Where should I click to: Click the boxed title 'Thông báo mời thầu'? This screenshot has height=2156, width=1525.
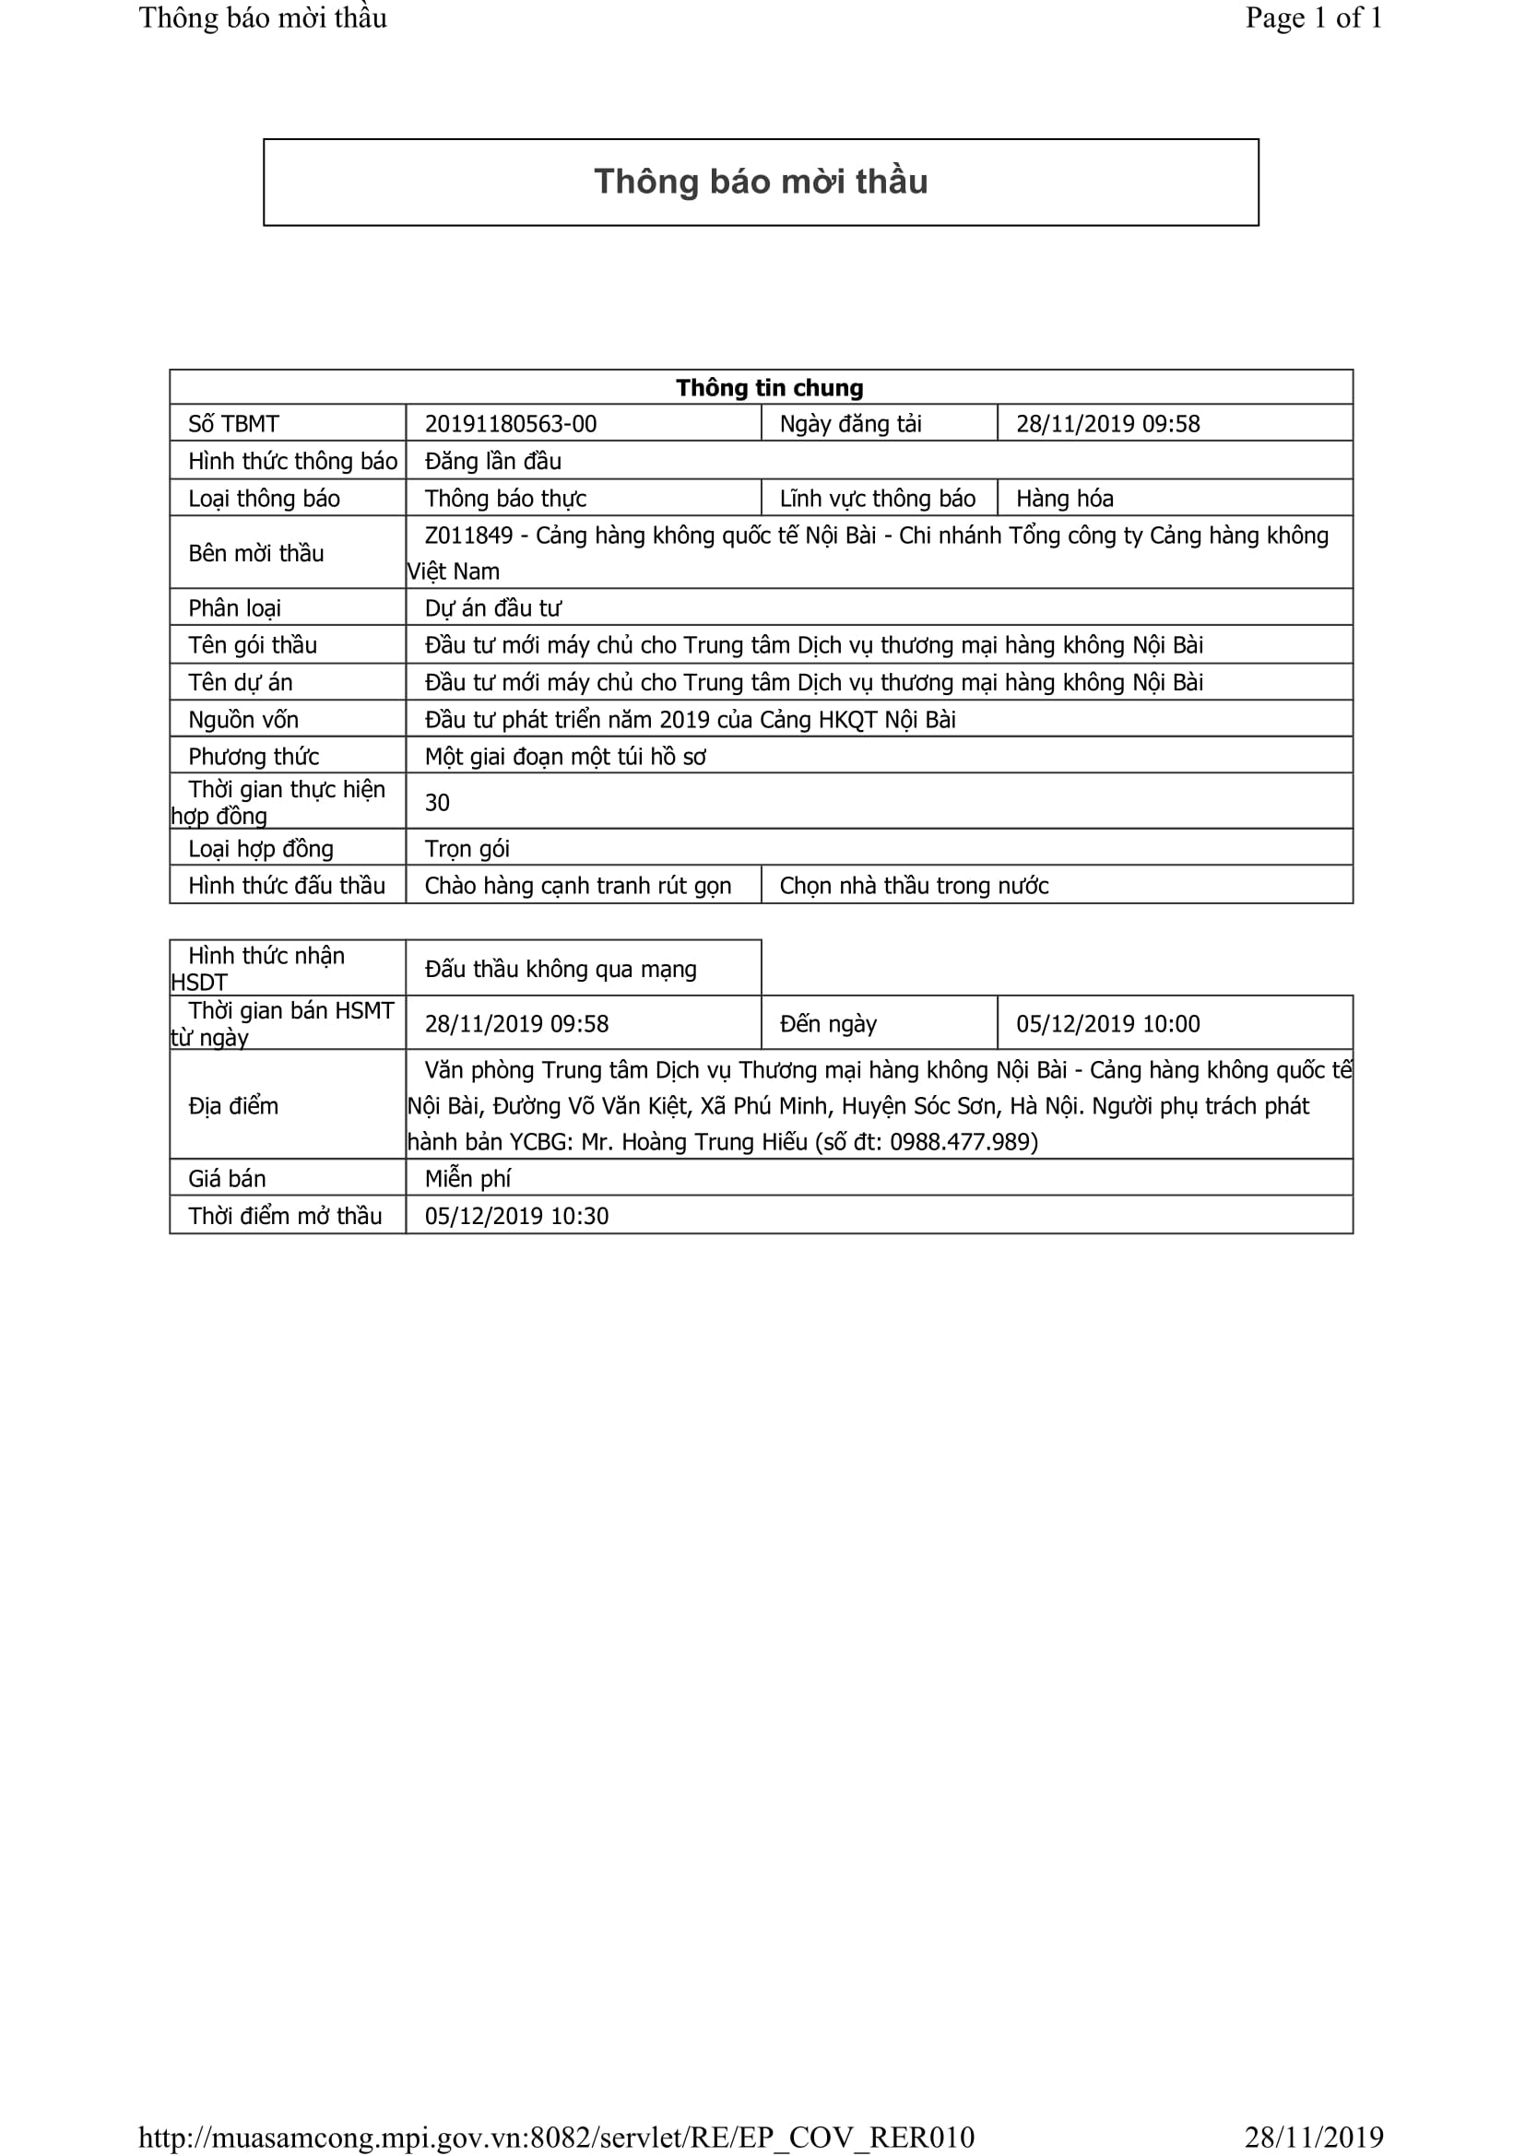[761, 182]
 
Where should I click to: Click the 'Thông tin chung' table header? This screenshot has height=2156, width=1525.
[769, 388]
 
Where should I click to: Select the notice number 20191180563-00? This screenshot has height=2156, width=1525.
[510, 423]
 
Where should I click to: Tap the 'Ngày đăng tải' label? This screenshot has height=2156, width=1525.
[850, 423]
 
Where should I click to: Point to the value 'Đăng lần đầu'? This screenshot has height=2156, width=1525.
[492, 461]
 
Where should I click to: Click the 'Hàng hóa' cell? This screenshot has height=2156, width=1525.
[1064, 499]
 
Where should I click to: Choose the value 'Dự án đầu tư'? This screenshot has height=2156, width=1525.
[492, 608]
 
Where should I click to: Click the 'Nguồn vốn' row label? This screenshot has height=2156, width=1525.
[243, 719]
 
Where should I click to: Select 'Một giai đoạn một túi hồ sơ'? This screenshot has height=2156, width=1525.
[564, 757]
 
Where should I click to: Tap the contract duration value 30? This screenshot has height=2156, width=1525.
[437, 803]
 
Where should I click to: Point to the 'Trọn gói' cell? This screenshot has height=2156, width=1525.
[467, 849]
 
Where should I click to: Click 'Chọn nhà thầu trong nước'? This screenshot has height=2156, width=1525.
[914, 886]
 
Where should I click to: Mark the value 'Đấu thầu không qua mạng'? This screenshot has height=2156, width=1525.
[561, 969]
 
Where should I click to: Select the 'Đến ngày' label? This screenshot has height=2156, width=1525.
[827, 1023]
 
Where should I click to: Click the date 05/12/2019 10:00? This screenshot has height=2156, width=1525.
[1107, 1023]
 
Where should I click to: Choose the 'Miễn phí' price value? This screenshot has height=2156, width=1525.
[467, 1179]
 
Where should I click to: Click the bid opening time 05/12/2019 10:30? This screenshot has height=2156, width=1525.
[516, 1216]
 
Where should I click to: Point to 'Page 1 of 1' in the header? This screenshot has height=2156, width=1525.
[1313, 18]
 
